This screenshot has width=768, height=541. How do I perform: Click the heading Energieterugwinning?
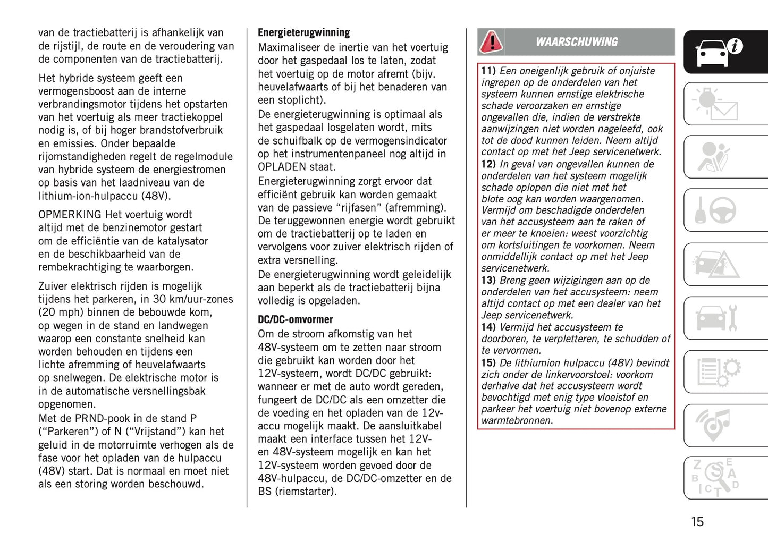click(303, 33)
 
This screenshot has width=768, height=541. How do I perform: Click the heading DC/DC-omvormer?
click(295, 320)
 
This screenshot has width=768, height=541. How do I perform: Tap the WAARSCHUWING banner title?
click(577, 42)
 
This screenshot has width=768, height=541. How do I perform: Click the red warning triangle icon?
click(491, 42)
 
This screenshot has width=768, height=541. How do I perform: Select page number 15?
click(697, 522)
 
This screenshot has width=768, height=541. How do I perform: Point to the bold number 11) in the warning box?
click(488, 71)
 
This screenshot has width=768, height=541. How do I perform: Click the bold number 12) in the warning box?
click(488, 165)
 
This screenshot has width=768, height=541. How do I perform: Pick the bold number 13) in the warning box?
click(488, 281)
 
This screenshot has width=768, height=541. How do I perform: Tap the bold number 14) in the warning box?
click(488, 327)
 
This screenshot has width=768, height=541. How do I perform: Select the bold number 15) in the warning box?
click(488, 363)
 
